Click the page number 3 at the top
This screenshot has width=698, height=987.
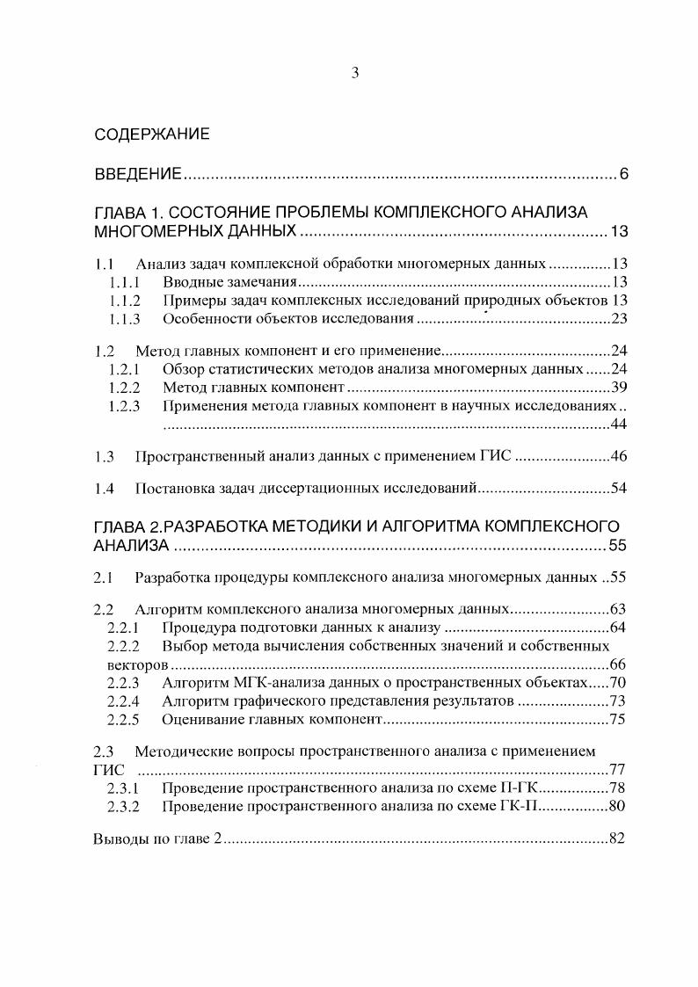[x=354, y=74]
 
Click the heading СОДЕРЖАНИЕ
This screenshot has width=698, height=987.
[x=151, y=134]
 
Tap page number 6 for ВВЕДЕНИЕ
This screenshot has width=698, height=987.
[x=623, y=174]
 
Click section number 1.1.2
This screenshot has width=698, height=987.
[x=125, y=301]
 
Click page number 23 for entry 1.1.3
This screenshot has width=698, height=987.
[x=617, y=318]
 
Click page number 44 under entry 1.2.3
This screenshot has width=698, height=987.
[x=617, y=425]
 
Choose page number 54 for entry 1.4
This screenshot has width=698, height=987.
[x=617, y=488]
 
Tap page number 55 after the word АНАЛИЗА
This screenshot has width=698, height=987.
[x=616, y=546]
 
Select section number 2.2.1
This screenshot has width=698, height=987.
[x=125, y=628]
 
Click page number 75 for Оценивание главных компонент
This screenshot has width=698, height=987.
[x=617, y=720]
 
